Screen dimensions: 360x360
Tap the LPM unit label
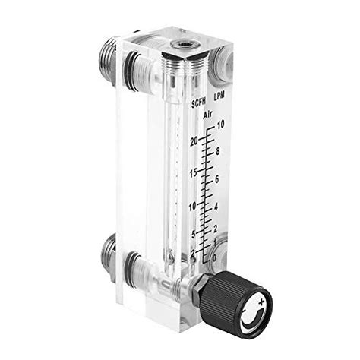pyautogui.click(x=219, y=97)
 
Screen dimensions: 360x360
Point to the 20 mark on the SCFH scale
pyautogui.click(x=195, y=141)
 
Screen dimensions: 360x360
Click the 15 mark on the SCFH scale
pyautogui.click(x=194, y=173)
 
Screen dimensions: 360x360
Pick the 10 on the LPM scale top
pyautogui.click(x=221, y=124)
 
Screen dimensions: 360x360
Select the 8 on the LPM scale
pyautogui.click(x=218, y=151)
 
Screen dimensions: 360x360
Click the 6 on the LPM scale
pyautogui.click(x=217, y=178)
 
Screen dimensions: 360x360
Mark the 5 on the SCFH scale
pyautogui.click(x=194, y=233)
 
